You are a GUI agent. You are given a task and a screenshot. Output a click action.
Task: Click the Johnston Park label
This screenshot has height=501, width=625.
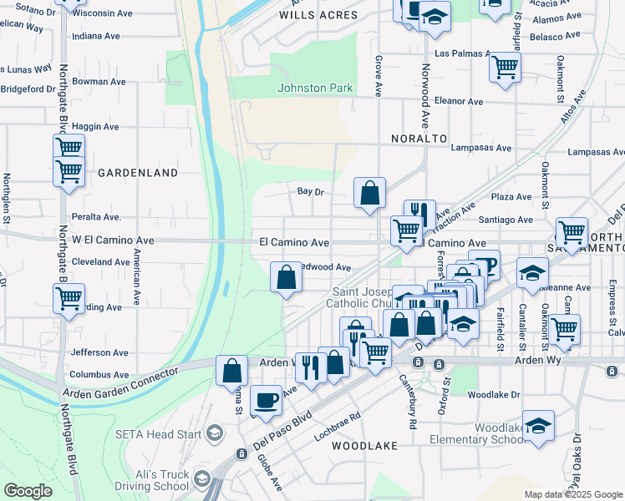pyautogui.click(x=316, y=88)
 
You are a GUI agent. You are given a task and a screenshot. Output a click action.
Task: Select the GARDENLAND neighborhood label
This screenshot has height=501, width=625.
pyautogui.click(x=138, y=173)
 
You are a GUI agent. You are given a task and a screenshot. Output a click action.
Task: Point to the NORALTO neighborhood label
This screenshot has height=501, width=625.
pyautogui.click(x=419, y=138)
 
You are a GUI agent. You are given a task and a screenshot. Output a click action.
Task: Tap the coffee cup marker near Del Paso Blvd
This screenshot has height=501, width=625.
pyautogui.click(x=266, y=400)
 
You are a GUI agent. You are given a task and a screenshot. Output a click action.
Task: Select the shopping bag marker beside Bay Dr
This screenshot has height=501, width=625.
pyautogui.click(x=369, y=194)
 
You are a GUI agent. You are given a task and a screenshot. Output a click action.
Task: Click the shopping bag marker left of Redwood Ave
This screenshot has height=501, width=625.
pyautogui.click(x=286, y=278)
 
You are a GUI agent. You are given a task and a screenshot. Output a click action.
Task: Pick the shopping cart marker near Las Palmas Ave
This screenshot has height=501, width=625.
pyautogui.click(x=505, y=67)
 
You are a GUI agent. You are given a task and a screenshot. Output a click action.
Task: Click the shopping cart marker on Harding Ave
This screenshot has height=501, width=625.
pyautogui.click(x=69, y=297)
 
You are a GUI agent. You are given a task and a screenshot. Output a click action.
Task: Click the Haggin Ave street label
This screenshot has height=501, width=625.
pyautogui.click(x=96, y=126)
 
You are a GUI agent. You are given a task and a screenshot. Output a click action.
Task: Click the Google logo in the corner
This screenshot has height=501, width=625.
pyautogui.click(x=28, y=491)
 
